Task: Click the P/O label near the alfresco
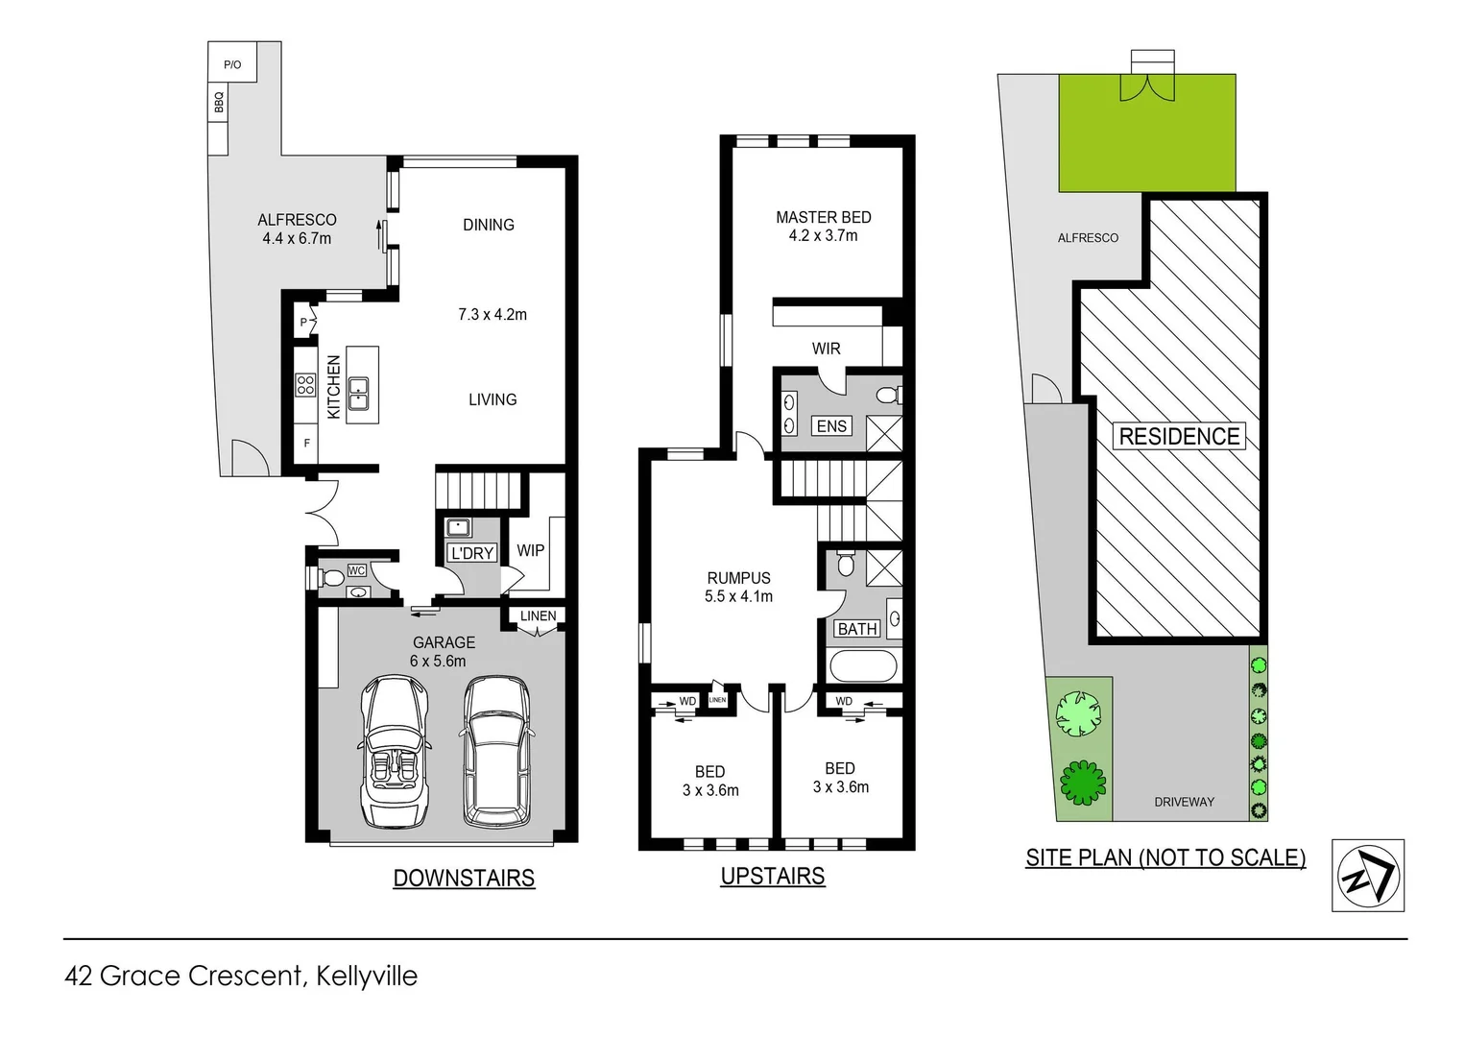[x=232, y=64]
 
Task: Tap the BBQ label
[x=219, y=102]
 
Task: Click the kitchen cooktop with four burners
[x=305, y=385]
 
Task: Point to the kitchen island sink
[x=359, y=393]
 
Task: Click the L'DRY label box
[x=471, y=553]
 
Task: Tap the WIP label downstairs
[x=530, y=550]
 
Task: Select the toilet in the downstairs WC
[x=331, y=577]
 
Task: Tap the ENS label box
[x=831, y=425]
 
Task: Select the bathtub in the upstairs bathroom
[x=863, y=665]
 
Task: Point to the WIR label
[x=826, y=349]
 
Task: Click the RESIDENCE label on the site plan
[x=1179, y=436]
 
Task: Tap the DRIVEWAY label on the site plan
[x=1184, y=802]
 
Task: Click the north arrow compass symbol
[x=1368, y=875]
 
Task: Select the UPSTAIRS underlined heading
[x=772, y=876]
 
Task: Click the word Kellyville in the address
[x=367, y=976]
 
